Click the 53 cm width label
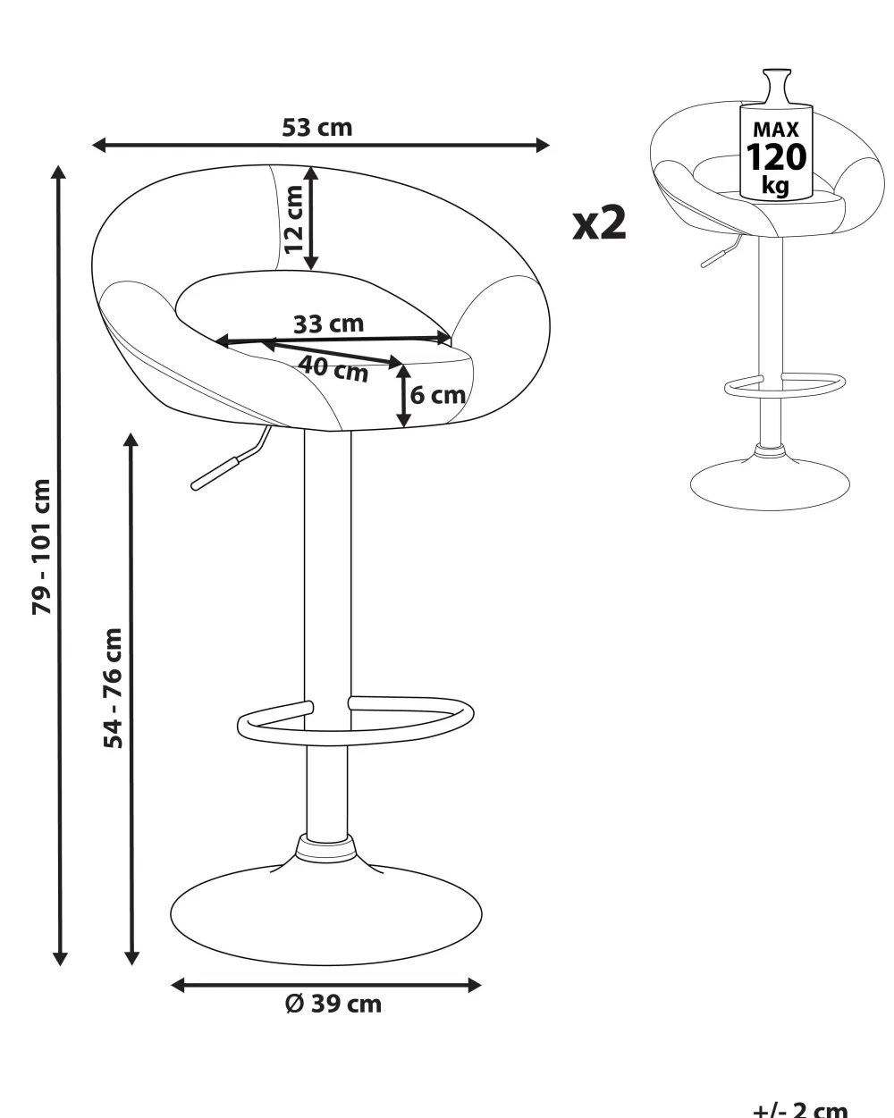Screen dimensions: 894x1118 click(317, 128)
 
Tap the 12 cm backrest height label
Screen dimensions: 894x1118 click(294, 219)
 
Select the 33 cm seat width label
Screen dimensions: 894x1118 click(328, 324)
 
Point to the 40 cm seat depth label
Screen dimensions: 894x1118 click(333, 368)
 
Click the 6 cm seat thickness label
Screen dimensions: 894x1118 click(438, 395)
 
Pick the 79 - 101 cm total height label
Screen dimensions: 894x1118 click(42, 547)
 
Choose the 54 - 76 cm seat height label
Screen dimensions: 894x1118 click(114, 688)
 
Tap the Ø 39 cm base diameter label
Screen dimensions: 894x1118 click(333, 1005)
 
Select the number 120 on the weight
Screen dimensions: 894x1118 click(776, 157)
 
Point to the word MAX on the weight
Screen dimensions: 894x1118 click(776, 129)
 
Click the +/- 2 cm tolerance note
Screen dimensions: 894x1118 click(800, 1109)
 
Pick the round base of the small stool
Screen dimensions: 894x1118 click(770, 484)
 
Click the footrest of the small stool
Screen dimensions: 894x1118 click(785, 385)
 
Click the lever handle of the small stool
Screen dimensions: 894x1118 click(720, 253)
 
